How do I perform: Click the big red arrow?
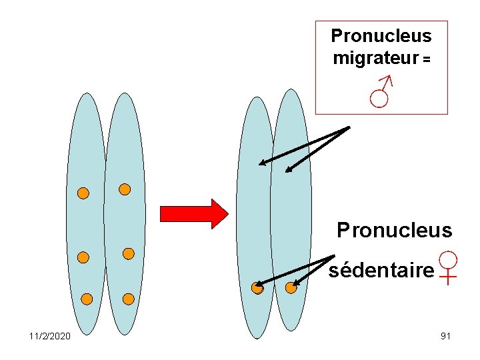click(194, 214)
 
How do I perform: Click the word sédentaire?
click(381, 270)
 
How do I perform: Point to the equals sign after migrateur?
click(426, 59)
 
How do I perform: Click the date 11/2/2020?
click(50, 336)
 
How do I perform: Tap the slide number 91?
click(446, 336)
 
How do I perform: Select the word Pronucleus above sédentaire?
click(395, 231)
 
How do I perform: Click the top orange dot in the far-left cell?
click(83, 193)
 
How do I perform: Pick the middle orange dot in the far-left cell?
click(83, 257)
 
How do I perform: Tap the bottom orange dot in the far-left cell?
click(87, 299)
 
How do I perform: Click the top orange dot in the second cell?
click(124, 189)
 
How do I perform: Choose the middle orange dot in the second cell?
click(129, 253)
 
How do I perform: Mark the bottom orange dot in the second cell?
click(129, 299)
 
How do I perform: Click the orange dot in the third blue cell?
click(257, 288)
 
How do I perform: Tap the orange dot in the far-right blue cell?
click(291, 288)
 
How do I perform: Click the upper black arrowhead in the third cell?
click(262, 162)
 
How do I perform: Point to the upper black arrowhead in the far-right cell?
click(288, 169)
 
